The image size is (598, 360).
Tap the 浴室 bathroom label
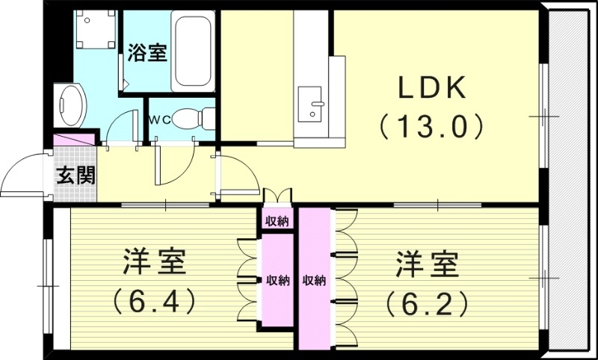147,54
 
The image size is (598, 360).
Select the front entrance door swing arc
22,176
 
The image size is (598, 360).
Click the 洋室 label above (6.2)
427,264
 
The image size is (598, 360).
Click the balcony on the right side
570,179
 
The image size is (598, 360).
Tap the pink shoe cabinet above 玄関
75,140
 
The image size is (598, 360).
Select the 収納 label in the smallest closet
277,221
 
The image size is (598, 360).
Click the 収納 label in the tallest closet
315,281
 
